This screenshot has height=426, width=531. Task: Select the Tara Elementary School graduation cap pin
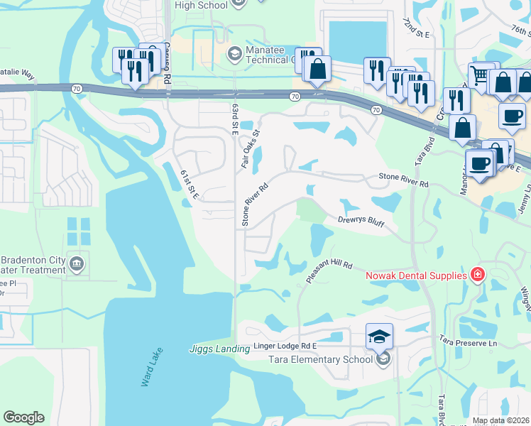pyautogui.click(x=379, y=336)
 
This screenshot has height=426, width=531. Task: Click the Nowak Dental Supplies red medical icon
pyautogui.click(x=478, y=275)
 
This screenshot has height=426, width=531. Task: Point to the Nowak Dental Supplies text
pyautogui.click(x=415, y=275)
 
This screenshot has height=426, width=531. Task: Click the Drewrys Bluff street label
pyautogui.click(x=361, y=223)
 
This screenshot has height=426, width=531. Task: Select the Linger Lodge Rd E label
pyautogui.click(x=285, y=348)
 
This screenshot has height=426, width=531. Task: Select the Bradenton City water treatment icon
pyautogui.click(x=77, y=264)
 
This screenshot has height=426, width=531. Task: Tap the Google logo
pyautogui.click(x=23, y=417)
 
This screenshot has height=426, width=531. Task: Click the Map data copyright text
pyautogui.click(x=501, y=420)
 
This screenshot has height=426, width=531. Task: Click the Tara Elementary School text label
pyautogui.click(x=320, y=359)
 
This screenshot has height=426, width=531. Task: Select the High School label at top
pyautogui.click(x=201, y=5)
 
